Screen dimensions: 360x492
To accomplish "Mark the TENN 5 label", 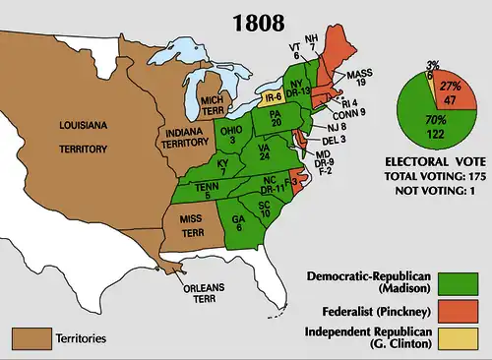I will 202,190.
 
